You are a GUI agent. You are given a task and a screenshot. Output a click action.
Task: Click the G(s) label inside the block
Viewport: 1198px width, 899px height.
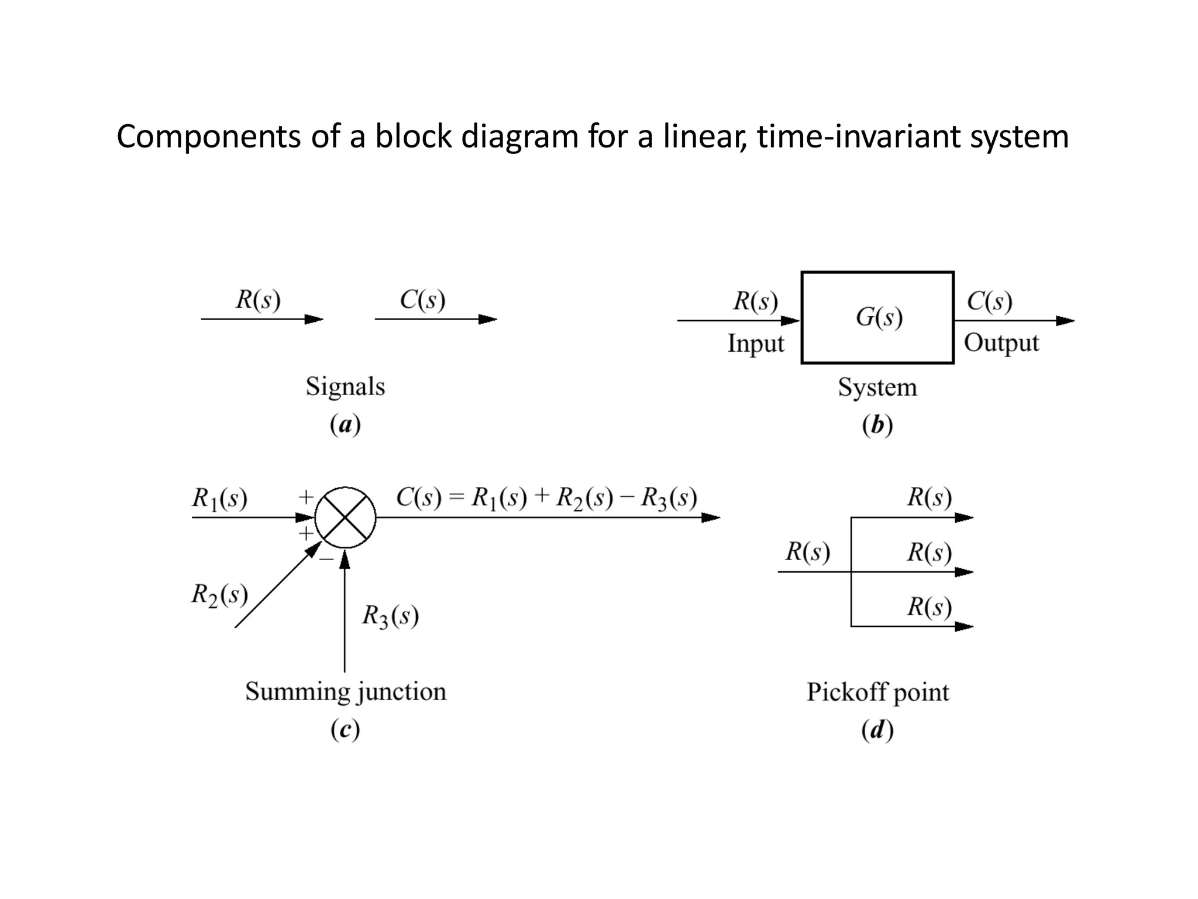pos(879,317)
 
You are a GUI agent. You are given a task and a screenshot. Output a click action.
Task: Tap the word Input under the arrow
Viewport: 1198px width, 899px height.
pos(755,344)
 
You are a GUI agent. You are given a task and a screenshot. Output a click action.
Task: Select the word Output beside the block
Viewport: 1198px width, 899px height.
pos(1001,343)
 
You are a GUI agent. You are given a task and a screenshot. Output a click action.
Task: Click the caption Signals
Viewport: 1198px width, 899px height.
pos(345,387)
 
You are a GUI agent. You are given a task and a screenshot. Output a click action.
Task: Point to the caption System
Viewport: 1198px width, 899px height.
pos(877,387)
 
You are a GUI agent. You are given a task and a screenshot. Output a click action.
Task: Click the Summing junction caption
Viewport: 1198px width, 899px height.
pos(345,692)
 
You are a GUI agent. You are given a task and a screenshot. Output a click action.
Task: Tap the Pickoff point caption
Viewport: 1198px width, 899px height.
pos(877,692)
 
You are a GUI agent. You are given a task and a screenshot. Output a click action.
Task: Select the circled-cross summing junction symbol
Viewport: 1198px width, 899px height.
pos(345,517)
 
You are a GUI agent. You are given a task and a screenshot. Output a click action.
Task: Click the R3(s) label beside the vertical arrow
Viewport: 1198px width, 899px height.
pos(390,616)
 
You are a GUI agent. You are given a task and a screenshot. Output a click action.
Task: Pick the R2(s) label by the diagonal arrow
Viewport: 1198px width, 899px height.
pos(219,595)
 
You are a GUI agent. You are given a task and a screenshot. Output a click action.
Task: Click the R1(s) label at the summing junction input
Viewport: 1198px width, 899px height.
pos(219,499)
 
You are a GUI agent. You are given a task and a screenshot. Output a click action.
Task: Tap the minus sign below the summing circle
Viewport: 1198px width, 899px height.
pos(326,560)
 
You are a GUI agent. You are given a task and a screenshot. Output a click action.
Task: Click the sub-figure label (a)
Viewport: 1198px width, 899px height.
pos(345,425)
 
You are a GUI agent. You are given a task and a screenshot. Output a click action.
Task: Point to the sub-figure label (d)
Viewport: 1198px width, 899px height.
pos(877,730)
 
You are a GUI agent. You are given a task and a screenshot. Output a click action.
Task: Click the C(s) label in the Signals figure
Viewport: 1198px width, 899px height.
pos(422,300)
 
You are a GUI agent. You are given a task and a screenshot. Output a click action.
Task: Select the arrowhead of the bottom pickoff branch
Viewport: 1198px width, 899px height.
pos(963,627)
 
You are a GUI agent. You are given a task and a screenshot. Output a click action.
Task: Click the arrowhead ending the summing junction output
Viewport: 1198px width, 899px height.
pos(710,517)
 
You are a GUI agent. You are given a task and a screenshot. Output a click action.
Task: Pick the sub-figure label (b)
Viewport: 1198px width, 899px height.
pos(877,426)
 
